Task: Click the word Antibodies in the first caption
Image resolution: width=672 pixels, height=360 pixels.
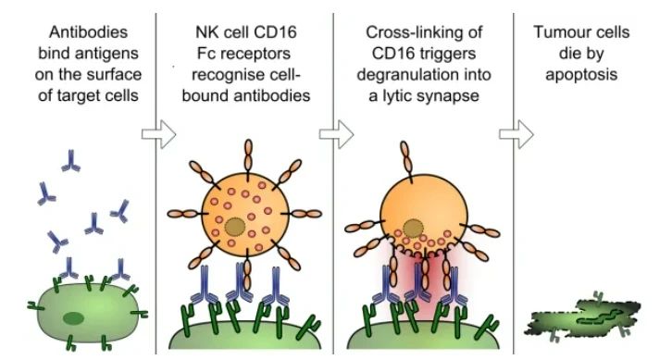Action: [x=88, y=32]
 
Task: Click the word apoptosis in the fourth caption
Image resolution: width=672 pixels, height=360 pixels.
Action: [x=581, y=75]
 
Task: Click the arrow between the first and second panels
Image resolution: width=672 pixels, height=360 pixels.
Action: [x=158, y=134]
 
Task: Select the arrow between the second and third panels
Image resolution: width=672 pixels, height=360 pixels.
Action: [x=336, y=134]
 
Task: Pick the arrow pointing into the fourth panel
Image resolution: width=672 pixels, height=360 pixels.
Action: [x=516, y=134]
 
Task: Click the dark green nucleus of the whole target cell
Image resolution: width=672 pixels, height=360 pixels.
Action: [x=74, y=318]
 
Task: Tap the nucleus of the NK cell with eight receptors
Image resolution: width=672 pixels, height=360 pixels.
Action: [x=235, y=227]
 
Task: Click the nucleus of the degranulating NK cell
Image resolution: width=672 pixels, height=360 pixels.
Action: [x=413, y=228]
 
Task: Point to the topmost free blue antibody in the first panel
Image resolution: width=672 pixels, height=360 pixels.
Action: [x=70, y=161]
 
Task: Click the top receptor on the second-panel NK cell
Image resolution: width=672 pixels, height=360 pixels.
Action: [x=248, y=156]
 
